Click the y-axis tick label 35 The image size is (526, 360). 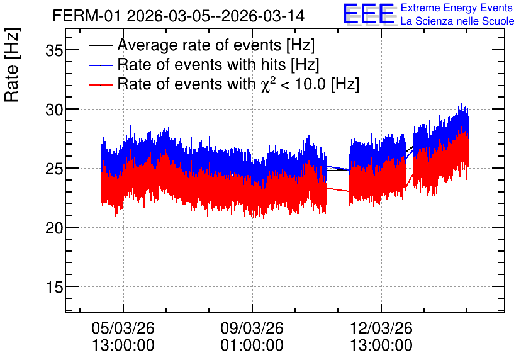pos(54,51)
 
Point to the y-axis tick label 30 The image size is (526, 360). pos(54,110)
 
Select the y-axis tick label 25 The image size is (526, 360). pos(54,169)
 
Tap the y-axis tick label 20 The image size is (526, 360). pos(54,228)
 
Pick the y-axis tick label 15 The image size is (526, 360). pos(54,287)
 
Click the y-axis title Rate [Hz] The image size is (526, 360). pos(12,65)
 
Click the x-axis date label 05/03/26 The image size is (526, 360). pos(123,328)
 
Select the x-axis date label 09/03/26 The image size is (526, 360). pos(252,328)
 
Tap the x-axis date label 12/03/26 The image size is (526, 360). pos(381,328)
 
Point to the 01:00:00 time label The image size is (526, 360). pos(252,346)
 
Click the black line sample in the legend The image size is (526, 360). pos(100,45)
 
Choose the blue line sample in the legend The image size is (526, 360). pos(100,65)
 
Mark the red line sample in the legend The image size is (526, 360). pos(100,84)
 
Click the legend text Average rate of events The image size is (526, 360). pos(199,45)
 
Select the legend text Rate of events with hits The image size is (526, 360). pos(201,64)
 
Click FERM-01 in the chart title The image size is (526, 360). pos(86,16)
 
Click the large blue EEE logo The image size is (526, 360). pos(369,14)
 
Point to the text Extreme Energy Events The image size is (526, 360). pos(457,8)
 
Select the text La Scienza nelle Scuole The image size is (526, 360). pos(457,21)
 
